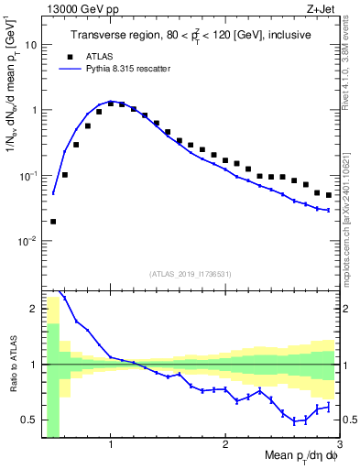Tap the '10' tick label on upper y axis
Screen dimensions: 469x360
pyautogui.click(x=29, y=44)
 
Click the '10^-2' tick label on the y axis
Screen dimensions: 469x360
pyautogui.click(x=27, y=241)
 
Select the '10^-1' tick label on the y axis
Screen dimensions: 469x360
pyautogui.click(x=27, y=175)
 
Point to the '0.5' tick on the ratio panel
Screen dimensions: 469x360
pyautogui.click(x=27, y=420)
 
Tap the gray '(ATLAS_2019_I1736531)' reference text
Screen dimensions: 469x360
pyautogui.click(x=189, y=274)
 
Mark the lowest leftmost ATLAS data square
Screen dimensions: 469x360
pyautogui.click(x=53, y=221)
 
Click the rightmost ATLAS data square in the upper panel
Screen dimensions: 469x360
pyautogui.click(x=329, y=195)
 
